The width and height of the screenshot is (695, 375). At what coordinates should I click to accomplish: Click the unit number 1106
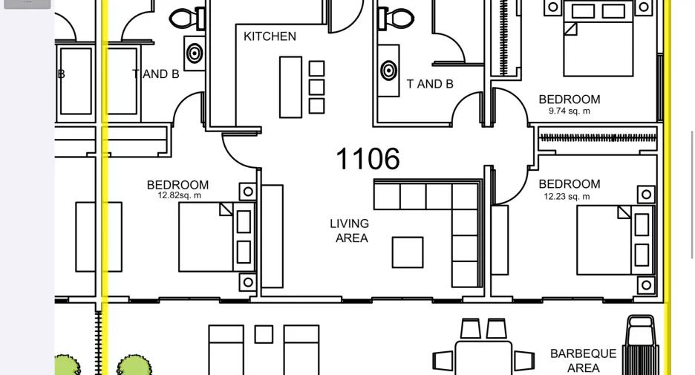coord(368,159)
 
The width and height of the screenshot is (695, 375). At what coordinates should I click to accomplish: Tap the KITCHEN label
coord(270,36)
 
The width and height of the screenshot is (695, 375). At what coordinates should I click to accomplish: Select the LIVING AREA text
coord(350,230)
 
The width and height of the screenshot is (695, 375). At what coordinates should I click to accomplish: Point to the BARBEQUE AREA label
coord(584,360)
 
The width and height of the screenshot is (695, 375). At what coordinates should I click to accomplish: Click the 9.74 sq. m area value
coord(569,111)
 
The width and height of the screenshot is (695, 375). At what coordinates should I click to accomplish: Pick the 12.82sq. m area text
coord(180,195)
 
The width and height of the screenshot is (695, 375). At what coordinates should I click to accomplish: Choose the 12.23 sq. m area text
coord(567,196)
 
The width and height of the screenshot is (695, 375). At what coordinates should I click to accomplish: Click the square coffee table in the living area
coord(408,252)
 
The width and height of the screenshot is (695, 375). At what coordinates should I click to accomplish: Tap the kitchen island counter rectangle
coord(291,87)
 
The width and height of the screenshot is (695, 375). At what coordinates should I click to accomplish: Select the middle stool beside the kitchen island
coord(316,87)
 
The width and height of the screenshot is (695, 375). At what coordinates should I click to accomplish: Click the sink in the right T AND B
coord(389,71)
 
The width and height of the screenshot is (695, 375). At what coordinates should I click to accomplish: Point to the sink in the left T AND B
coord(194,53)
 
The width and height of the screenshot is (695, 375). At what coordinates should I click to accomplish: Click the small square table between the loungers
coord(264,334)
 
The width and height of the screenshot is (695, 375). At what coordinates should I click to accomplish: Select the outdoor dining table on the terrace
coord(483,357)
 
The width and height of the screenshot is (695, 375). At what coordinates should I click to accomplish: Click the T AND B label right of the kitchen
coord(430,84)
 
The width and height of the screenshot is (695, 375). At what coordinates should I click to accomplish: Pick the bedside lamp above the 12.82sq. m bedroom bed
coord(248,192)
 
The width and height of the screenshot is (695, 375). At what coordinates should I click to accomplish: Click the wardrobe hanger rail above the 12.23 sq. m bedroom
coord(597,138)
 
